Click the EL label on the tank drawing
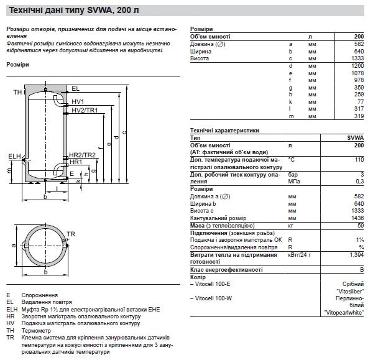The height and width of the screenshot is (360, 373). pos(76,88)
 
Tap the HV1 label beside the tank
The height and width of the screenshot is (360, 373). pos(77,102)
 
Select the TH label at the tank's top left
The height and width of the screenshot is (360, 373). pos(17,92)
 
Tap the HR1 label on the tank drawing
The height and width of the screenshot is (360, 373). pos(75,161)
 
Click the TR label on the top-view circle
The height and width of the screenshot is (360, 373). pos(71,233)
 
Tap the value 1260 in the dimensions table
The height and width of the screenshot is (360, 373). pos(358,65)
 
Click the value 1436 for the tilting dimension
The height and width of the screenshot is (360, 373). pos(358,219)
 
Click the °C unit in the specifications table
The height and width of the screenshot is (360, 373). pos(292,160)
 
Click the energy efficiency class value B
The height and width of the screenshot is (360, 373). pos(362,270)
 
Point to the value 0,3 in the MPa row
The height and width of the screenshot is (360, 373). pos(359,181)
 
